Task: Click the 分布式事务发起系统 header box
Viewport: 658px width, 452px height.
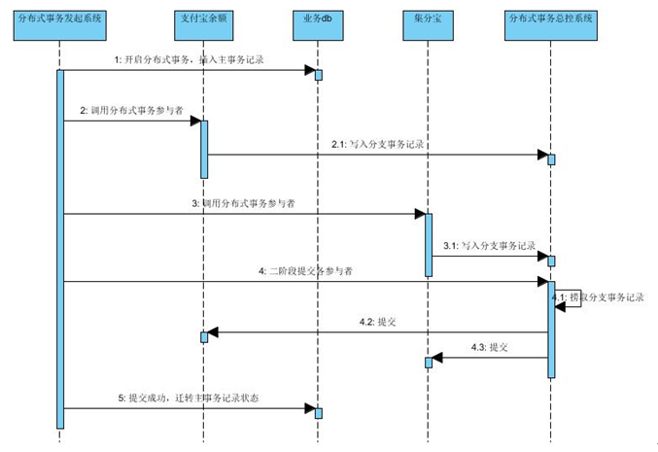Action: [x=59, y=19]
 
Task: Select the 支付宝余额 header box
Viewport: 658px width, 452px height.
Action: [x=204, y=19]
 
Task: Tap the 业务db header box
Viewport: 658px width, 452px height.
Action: [x=317, y=19]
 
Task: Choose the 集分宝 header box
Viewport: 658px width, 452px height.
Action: [x=428, y=19]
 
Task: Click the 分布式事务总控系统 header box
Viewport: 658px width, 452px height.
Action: [x=550, y=19]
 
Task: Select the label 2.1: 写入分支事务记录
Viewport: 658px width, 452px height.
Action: [x=377, y=144]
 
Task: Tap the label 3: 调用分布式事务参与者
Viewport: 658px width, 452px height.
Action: [x=243, y=203]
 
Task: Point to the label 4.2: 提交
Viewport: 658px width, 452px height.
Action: [x=378, y=323]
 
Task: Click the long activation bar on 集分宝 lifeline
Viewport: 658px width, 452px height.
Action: [x=428, y=244]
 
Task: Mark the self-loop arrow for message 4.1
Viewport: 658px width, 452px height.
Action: [x=571, y=299]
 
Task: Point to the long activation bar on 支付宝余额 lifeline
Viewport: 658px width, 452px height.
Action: [x=204, y=149]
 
